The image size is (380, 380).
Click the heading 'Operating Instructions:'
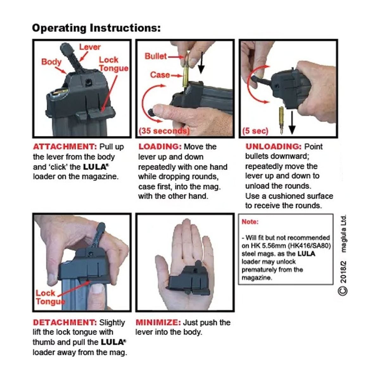[96, 28]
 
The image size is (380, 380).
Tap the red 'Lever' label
[90, 47]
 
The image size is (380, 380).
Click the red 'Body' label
[51, 62]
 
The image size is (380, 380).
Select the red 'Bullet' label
[156, 56]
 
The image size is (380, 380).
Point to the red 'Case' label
[160, 75]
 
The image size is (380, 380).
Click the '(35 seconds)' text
[164, 131]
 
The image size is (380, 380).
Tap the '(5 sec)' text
[255, 131]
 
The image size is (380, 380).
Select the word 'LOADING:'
[160, 147]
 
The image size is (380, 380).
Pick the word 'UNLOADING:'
[274, 147]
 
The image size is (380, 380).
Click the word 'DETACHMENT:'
[65, 323]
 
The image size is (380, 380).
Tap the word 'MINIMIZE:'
[158, 323]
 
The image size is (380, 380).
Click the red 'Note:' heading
[250, 222]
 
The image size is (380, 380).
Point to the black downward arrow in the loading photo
[201, 63]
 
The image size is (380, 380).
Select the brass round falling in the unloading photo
[281, 120]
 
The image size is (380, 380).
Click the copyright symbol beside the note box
[343, 291]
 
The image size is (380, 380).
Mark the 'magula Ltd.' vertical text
[343, 234]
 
